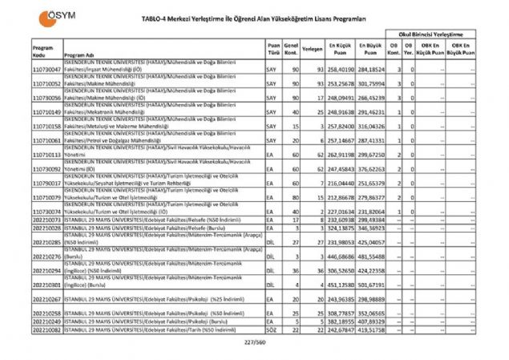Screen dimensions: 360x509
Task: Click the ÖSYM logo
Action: click(45, 22)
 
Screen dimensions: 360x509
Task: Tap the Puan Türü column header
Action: click(274, 51)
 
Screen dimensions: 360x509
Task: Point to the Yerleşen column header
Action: click(313, 49)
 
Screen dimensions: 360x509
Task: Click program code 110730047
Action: click(46, 71)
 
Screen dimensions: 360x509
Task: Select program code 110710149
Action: click(46, 113)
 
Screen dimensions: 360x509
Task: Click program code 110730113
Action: click(46, 156)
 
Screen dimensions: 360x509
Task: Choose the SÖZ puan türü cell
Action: click(272, 329)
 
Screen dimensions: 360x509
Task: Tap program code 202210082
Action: click(46, 329)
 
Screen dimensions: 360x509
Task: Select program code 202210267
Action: click(46, 299)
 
